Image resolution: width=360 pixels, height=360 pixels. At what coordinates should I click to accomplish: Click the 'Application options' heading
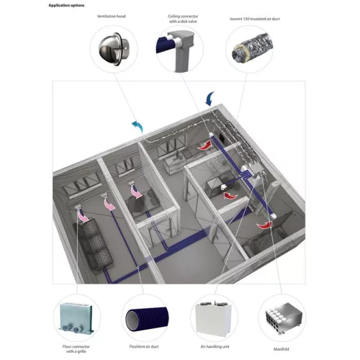[66, 5]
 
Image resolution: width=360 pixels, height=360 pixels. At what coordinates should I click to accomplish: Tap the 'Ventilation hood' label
[112, 17]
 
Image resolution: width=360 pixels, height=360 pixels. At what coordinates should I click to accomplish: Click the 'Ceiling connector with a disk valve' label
[183, 19]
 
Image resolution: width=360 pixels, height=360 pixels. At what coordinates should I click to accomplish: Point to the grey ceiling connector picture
[179, 50]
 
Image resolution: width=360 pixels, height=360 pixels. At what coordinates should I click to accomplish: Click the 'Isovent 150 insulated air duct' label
[255, 19]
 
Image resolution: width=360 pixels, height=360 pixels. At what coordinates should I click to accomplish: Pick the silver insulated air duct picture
[252, 48]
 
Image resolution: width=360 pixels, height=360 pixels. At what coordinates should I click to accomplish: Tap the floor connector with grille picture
[76, 318]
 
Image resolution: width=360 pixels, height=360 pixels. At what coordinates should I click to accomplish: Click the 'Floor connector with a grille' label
[76, 349]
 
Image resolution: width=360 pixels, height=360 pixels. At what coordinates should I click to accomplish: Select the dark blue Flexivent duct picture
[147, 319]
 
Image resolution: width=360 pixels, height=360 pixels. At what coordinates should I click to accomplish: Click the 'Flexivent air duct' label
[144, 346]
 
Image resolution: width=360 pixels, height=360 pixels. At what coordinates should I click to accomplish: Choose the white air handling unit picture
[214, 318]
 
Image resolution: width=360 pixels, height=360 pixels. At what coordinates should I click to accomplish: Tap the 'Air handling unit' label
[215, 346]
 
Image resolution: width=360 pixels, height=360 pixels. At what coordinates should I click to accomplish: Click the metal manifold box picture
[284, 318]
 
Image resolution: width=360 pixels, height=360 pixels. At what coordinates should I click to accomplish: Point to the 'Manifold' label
[282, 349]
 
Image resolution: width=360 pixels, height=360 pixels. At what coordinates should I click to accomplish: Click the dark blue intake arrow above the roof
[210, 99]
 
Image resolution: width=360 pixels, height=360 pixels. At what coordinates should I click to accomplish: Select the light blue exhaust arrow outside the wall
[138, 125]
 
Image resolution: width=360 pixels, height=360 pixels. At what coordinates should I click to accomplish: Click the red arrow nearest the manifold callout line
[264, 225]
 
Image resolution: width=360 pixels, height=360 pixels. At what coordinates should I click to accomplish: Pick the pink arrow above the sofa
[83, 215]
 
